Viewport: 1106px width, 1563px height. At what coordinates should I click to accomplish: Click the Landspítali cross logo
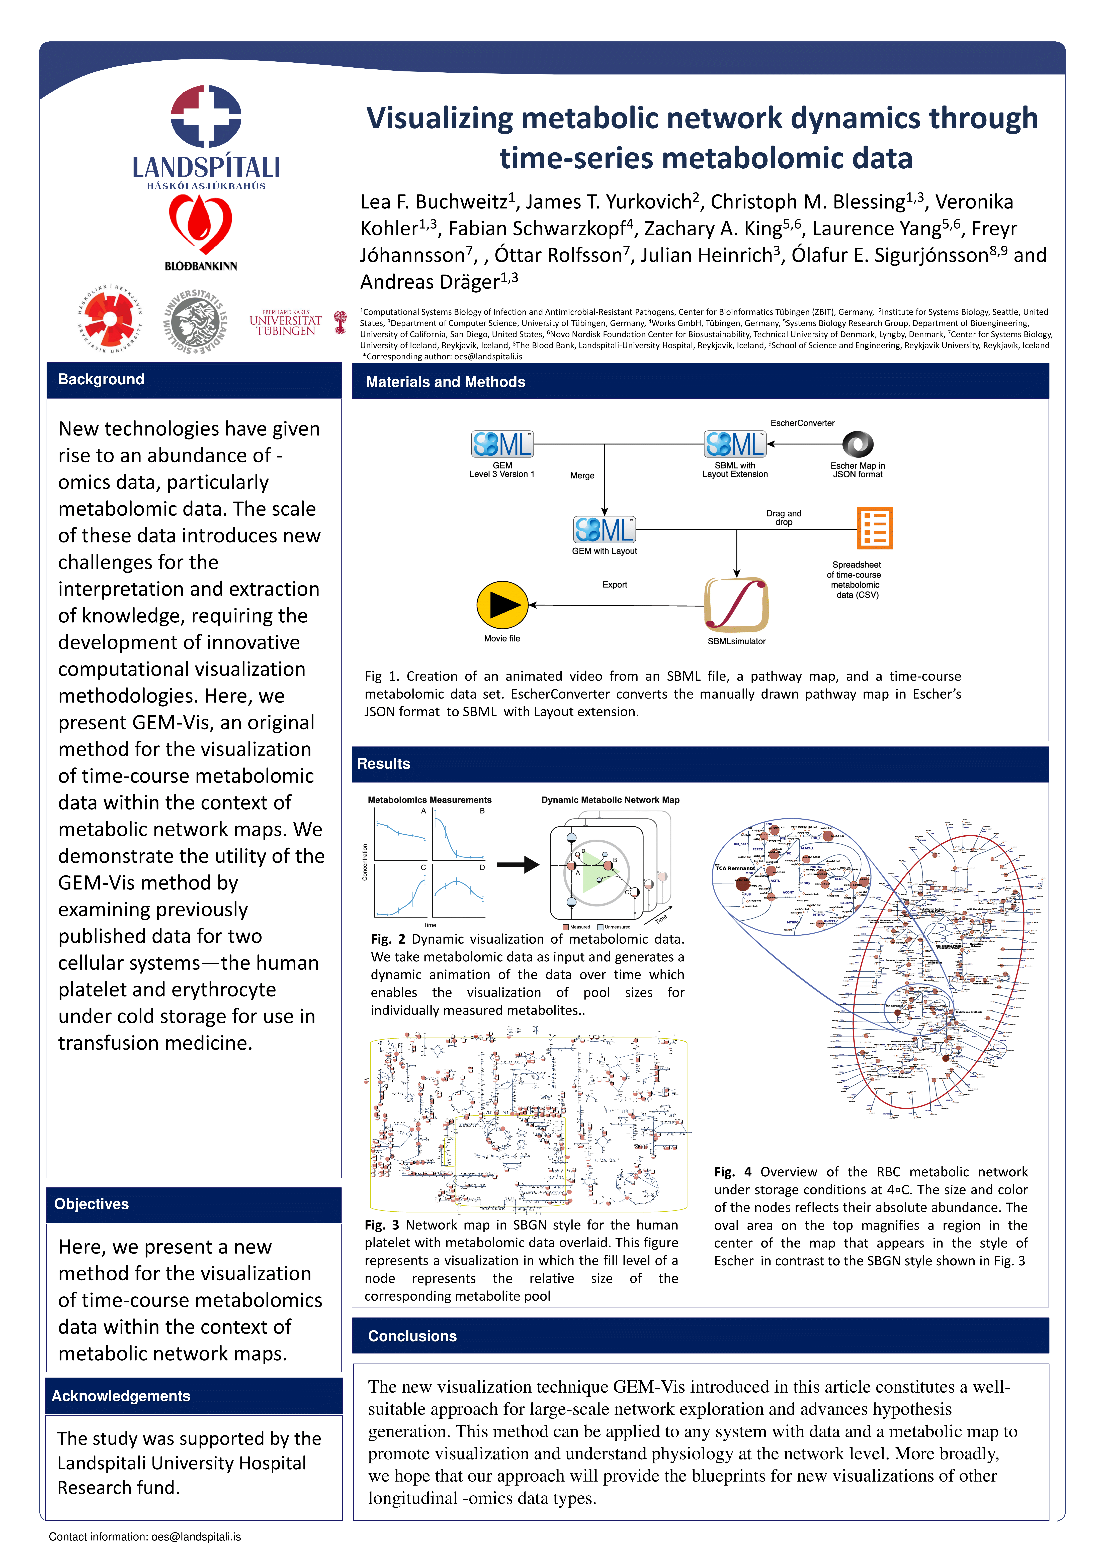(206, 116)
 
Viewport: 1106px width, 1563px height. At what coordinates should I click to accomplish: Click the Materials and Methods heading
(445, 382)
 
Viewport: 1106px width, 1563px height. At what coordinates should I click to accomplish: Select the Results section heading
(383, 764)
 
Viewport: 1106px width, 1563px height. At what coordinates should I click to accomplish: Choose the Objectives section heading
(91, 1204)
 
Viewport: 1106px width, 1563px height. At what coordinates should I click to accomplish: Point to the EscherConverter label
(802, 423)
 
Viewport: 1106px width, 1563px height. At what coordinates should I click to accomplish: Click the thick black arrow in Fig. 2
(518, 865)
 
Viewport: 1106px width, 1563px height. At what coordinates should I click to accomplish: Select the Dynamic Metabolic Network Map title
(610, 800)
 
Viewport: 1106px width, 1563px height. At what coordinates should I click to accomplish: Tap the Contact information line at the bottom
(144, 1536)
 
